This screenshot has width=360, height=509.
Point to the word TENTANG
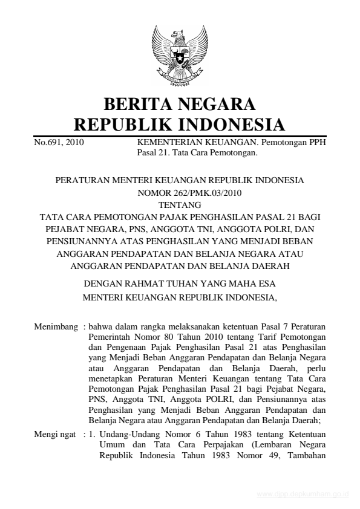click(179, 205)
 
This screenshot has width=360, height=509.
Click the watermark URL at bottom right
click(303, 494)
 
